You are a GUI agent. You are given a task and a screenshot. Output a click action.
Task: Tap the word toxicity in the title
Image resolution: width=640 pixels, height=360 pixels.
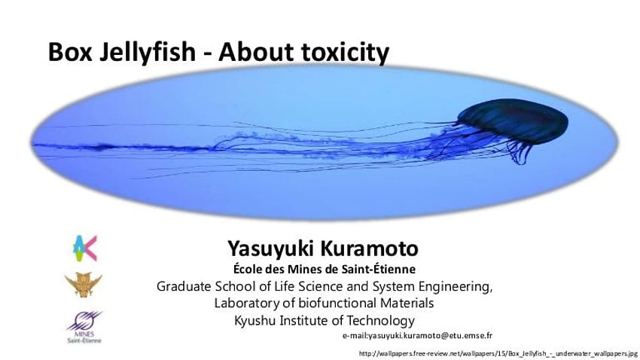[x=346, y=53]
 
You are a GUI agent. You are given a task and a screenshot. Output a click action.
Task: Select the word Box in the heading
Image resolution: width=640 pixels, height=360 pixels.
[x=70, y=52]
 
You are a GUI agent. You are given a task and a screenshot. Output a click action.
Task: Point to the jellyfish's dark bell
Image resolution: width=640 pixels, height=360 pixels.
[x=513, y=120]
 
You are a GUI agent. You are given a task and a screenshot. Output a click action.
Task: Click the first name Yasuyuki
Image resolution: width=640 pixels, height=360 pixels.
[x=270, y=249]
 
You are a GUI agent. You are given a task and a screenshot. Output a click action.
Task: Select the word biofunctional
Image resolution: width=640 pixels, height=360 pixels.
[x=338, y=304]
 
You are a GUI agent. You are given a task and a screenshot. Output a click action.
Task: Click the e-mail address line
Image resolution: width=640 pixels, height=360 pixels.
[x=417, y=335]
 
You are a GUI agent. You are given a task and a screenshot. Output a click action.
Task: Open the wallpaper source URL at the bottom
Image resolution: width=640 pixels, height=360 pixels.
[x=498, y=353]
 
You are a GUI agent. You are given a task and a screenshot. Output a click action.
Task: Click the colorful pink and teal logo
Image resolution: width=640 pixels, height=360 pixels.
[x=85, y=249]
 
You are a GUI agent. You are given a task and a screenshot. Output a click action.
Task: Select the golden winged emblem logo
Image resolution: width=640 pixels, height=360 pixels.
[x=84, y=285]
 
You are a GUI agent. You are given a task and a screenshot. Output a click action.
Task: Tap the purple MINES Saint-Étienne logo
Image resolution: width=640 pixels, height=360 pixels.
[x=84, y=327]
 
